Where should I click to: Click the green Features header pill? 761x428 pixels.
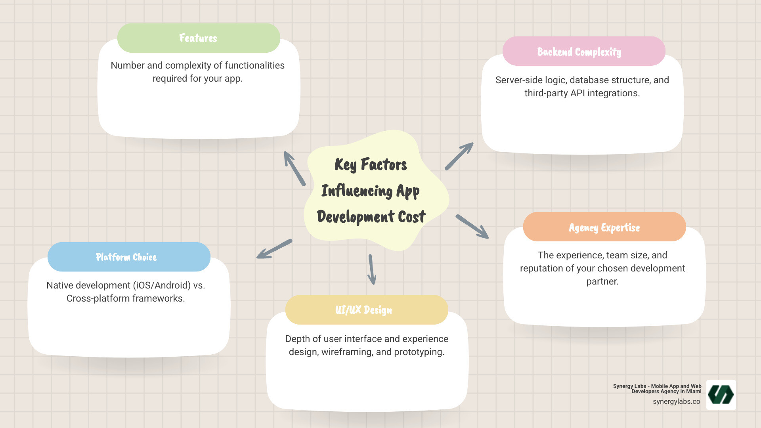click(x=199, y=38)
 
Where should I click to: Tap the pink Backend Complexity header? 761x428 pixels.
click(x=583, y=52)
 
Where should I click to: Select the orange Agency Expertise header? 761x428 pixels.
click(x=604, y=227)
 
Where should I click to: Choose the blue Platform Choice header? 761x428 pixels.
click(x=129, y=257)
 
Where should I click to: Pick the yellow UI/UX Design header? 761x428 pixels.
click(x=366, y=310)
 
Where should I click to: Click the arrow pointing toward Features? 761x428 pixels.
click(x=294, y=168)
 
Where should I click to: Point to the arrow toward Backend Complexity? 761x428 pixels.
click(x=459, y=156)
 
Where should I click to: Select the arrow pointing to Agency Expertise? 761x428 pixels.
click(x=472, y=227)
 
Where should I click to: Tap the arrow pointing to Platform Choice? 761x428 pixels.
click(x=274, y=249)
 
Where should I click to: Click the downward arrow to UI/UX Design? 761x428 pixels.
click(x=372, y=269)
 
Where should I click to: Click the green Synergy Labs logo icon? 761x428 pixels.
click(x=721, y=395)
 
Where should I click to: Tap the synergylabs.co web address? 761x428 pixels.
click(x=676, y=401)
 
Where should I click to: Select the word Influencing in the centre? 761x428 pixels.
click(x=357, y=191)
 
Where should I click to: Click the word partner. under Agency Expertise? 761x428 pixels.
click(x=602, y=281)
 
